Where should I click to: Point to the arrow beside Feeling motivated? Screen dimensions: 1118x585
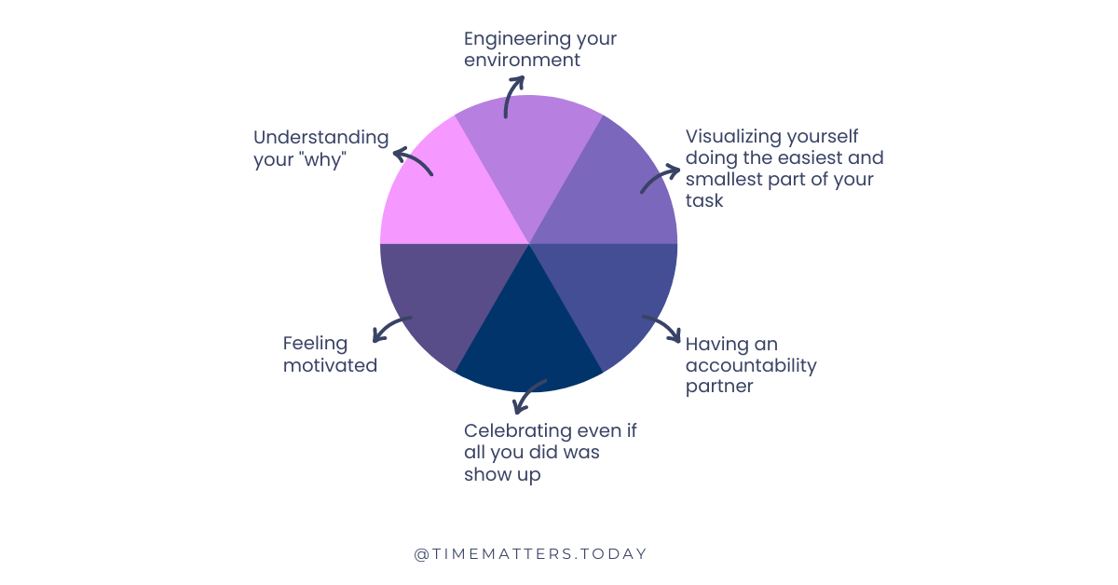389,327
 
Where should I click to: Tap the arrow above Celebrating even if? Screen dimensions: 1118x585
528,396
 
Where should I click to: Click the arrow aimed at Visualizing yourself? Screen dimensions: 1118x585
660,179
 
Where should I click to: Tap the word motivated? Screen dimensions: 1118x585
330,365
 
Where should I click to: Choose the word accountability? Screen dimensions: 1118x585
750,364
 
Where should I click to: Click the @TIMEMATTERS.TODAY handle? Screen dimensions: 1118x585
530,553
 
